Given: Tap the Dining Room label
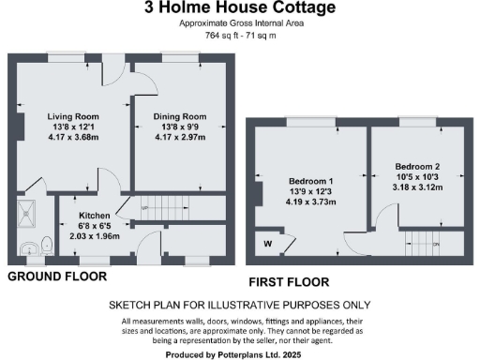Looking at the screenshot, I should tap(180, 117).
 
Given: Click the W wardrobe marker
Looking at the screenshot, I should tap(267, 244).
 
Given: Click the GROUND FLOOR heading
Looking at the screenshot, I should tap(57, 277).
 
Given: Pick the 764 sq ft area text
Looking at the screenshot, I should tap(218, 35).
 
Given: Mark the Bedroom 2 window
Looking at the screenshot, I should tap(415, 120).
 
